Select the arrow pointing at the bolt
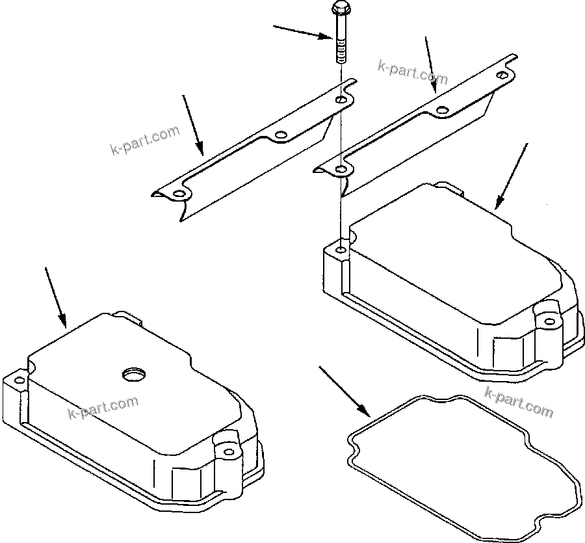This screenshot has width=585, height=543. point(303,33)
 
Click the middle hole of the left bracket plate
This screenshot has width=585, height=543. point(281,135)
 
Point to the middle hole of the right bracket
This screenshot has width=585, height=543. point(442,111)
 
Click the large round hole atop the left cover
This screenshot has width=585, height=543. point(134,374)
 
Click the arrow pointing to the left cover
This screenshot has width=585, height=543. point(55,296)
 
